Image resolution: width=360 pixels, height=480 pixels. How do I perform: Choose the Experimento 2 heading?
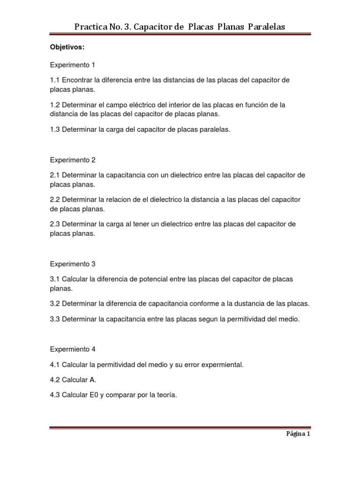pos(73,160)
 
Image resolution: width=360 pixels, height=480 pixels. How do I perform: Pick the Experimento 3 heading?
pos(73,264)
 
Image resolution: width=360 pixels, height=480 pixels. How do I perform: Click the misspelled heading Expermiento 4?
pos(73,349)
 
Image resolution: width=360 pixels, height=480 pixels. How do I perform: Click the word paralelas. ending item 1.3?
pos(216,129)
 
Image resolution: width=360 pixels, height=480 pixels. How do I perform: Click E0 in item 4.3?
pos(93,395)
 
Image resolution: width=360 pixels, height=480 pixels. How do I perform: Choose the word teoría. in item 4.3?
pos(165,395)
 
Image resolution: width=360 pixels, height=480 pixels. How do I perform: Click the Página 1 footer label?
pos(298,434)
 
